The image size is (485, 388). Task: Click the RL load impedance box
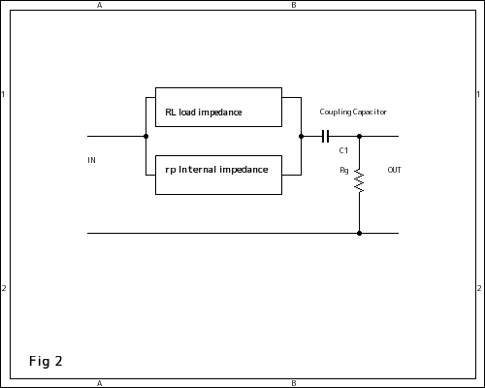(218, 107)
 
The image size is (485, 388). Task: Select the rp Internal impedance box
(218, 175)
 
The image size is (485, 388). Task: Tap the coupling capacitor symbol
(326, 136)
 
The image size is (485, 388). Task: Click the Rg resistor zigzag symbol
(359, 180)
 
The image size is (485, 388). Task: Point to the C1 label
(343, 150)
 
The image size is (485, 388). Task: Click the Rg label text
(344, 170)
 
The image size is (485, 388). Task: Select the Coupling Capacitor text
(353, 112)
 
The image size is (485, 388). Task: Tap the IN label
(91, 160)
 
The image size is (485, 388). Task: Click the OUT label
(394, 170)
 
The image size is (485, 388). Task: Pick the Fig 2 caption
(46, 361)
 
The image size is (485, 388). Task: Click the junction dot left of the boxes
(145, 136)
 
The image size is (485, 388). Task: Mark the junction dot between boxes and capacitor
(301, 136)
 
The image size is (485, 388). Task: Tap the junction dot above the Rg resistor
(359, 136)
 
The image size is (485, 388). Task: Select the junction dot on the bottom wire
(359, 233)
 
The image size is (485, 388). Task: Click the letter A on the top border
(100, 5)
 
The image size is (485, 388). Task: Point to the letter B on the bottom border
(294, 383)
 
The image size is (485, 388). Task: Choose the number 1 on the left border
(3, 94)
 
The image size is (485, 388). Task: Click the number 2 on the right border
(479, 288)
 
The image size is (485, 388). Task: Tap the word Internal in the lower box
(197, 170)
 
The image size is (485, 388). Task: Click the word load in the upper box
(187, 112)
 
